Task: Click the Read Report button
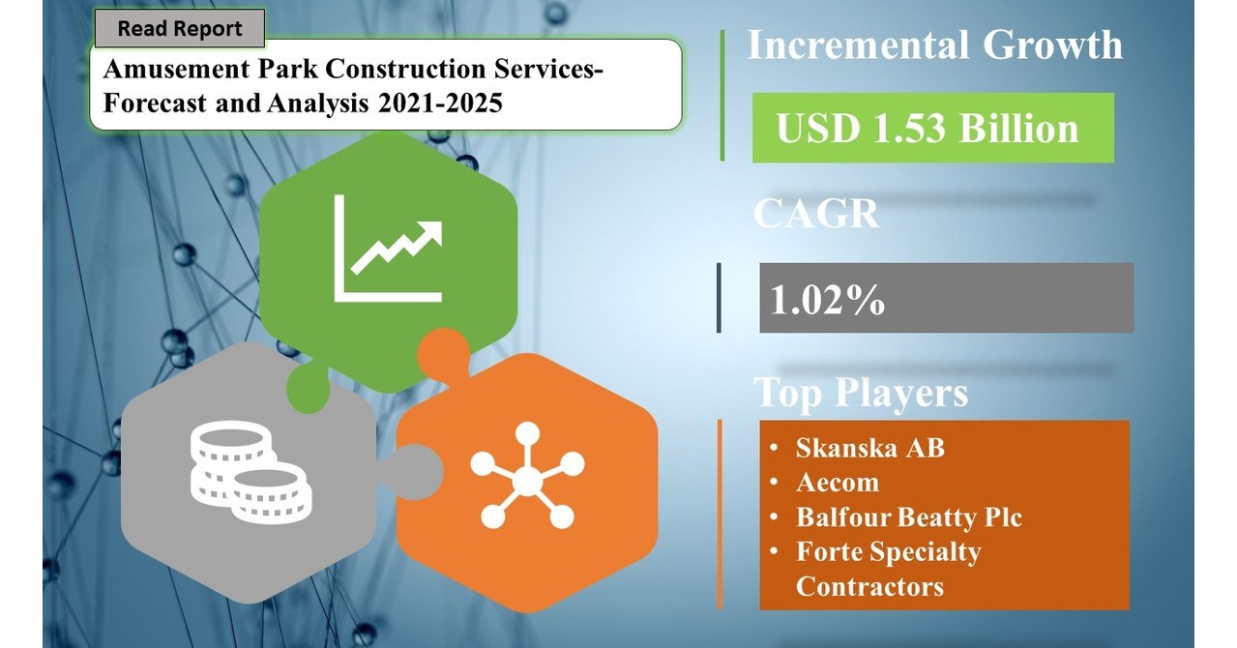[x=179, y=29]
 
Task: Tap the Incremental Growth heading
[x=934, y=45]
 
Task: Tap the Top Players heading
[x=861, y=393]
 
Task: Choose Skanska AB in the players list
[x=869, y=448]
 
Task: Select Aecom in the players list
[x=838, y=483]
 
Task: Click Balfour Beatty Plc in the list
[x=908, y=517]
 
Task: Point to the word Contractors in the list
[x=869, y=586]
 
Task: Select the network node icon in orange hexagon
[x=527, y=475]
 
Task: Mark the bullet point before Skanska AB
[x=776, y=449]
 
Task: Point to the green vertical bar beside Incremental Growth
[x=722, y=95]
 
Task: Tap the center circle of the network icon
[x=527, y=477]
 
